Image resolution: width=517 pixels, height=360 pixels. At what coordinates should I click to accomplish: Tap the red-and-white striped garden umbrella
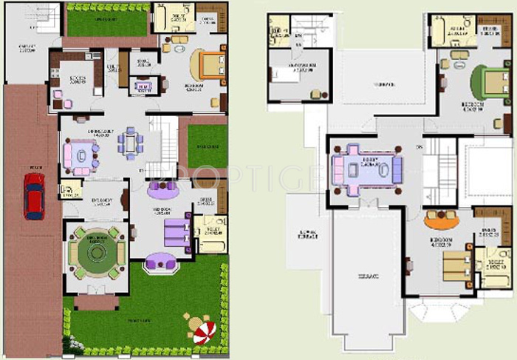click(x=199, y=327)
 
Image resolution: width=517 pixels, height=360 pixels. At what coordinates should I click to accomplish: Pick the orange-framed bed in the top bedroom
click(x=209, y=67)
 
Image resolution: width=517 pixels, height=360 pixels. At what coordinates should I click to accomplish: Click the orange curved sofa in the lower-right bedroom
click(x=442, y=220)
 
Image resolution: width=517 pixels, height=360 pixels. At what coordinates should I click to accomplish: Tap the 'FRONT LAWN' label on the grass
click(x=137, y=321)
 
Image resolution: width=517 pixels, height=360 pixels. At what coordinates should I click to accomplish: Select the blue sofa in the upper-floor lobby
click(x=397, y=171)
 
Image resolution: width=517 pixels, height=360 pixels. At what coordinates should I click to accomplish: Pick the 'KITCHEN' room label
click(x=78, y=78)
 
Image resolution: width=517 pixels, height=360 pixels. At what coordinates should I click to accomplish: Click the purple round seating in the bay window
click(x=160, y=262)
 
